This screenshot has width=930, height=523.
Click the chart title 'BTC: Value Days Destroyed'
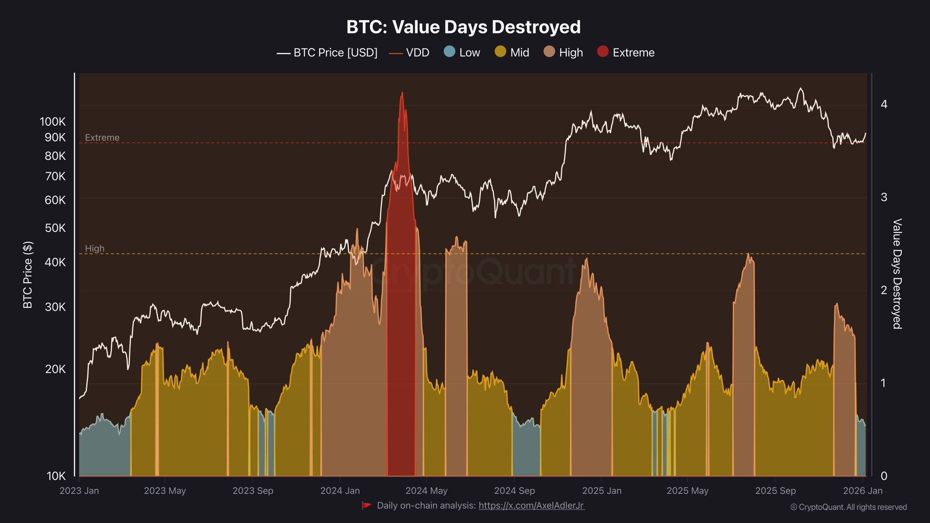463,27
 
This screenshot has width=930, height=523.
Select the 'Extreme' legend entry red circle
603,52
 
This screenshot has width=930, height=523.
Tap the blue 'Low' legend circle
449,52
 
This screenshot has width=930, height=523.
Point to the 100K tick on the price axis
53,122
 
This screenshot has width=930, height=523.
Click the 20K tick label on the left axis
55,369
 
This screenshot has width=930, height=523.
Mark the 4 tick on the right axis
884,104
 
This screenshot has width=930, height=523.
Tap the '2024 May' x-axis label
426,491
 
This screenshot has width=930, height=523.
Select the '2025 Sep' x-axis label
775,491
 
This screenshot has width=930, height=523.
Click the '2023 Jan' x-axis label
79,491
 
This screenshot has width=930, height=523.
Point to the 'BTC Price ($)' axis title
28,275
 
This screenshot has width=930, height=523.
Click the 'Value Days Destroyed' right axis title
897,274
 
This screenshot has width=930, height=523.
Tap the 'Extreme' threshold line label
102,138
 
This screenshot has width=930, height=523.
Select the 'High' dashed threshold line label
94,248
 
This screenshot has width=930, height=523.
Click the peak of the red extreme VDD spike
402,94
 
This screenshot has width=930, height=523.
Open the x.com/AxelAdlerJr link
531,505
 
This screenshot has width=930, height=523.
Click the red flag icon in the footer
366,505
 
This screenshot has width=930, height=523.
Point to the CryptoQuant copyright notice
848,507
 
